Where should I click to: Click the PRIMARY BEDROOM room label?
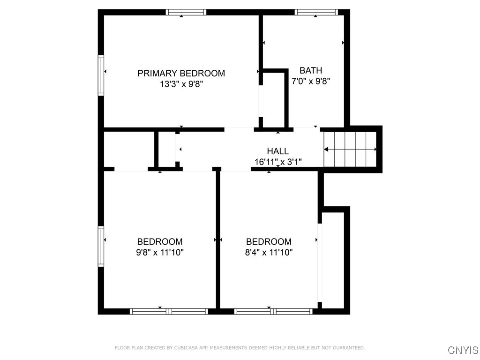(181, 73)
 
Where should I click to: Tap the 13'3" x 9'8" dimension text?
(181, 84)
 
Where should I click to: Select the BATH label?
(311, 70)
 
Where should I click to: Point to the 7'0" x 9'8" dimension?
(311, 81)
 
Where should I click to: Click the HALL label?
(277, 151)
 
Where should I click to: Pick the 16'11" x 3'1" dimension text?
(277, 162)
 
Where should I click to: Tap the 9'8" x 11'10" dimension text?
(160, 253)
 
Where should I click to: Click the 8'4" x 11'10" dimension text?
(269, 253)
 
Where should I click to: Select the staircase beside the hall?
(351, 149)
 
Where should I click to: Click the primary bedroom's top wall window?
(187, 13)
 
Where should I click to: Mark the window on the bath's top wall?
(316, 13)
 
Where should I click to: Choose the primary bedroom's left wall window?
(101, 75)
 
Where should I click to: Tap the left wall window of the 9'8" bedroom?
(101, 247)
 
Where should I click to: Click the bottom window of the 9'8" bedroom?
(169, 311)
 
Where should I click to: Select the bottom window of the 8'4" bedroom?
(273, 311)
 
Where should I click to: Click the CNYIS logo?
(463, 350)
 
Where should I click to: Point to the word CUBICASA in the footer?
(186, 348)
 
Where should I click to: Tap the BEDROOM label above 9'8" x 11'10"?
(160, 242)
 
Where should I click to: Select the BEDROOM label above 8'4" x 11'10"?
(269, 242)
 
